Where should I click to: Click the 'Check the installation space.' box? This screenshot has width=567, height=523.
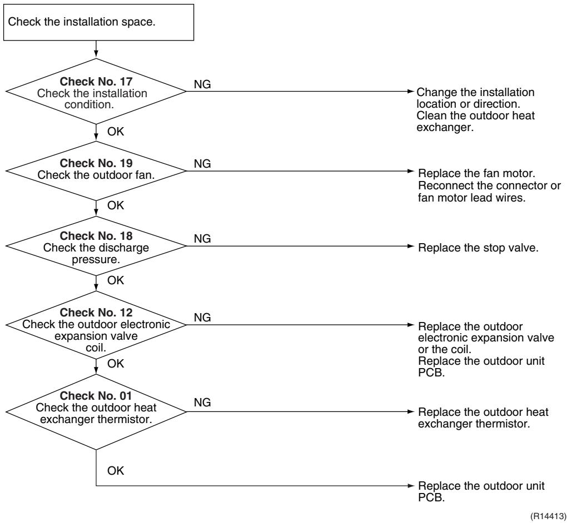click(98, 22)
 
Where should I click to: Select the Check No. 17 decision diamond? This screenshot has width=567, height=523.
click(96, 92)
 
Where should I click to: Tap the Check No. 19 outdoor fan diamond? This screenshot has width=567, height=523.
click(96, 171)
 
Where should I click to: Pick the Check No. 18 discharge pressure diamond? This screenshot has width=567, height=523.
click(96, 246)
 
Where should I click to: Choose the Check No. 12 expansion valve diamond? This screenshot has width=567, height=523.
click(96, 325)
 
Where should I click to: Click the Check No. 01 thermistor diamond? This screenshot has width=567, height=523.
click(96, 412)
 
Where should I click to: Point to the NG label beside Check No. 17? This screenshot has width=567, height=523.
click(202, 84)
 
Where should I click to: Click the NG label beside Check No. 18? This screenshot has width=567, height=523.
click(202, 239)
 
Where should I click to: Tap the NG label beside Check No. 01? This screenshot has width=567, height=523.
click(202, 403)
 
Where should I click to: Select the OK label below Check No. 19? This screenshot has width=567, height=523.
click(116, 205)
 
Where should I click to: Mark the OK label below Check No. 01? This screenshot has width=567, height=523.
click(116, 471)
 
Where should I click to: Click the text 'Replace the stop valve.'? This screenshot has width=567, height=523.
click(478, 248)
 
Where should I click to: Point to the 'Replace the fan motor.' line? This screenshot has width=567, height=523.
click(476, 173)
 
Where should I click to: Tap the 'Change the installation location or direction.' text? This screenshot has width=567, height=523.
click(475, 98)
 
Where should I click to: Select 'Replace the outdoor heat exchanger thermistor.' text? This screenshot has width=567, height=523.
click(483, 418)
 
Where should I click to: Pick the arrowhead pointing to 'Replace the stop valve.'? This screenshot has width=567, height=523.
click(410, 247)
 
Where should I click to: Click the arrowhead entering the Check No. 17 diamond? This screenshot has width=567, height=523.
click(96, 55)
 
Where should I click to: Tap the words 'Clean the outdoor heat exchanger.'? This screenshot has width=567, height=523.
click(475, 122)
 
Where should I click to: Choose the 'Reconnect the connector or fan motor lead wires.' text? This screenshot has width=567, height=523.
click(489, 192)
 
